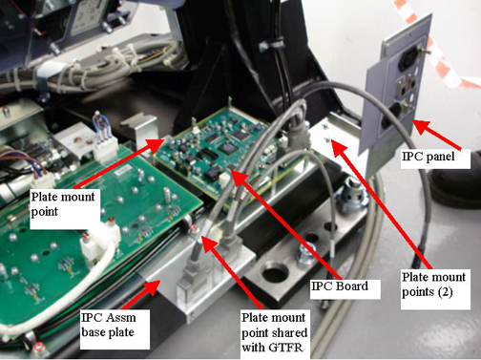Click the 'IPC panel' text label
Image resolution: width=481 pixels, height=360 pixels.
[x=429, y=157]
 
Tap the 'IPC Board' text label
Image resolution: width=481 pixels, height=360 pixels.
[x=340, y=286]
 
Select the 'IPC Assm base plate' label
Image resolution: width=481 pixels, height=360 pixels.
[x=109, y=325]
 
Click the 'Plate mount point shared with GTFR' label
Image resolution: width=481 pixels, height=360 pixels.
[x=274, y=332]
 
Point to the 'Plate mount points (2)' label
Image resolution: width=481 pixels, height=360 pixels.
[x=433, y=285]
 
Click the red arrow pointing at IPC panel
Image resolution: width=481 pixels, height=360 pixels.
[x=437, y=135]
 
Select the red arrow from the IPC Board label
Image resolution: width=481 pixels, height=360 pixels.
[x=285, y=225]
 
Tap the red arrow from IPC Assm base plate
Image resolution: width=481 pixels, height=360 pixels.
[x=139, y=295]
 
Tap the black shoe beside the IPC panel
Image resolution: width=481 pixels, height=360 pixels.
[x=455, y=187]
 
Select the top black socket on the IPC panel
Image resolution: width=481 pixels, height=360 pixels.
[x=409, y=59]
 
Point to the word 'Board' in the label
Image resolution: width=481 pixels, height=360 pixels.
[x=352, y=286]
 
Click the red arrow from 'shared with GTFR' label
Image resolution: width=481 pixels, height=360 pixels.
[x=233, y=273]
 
